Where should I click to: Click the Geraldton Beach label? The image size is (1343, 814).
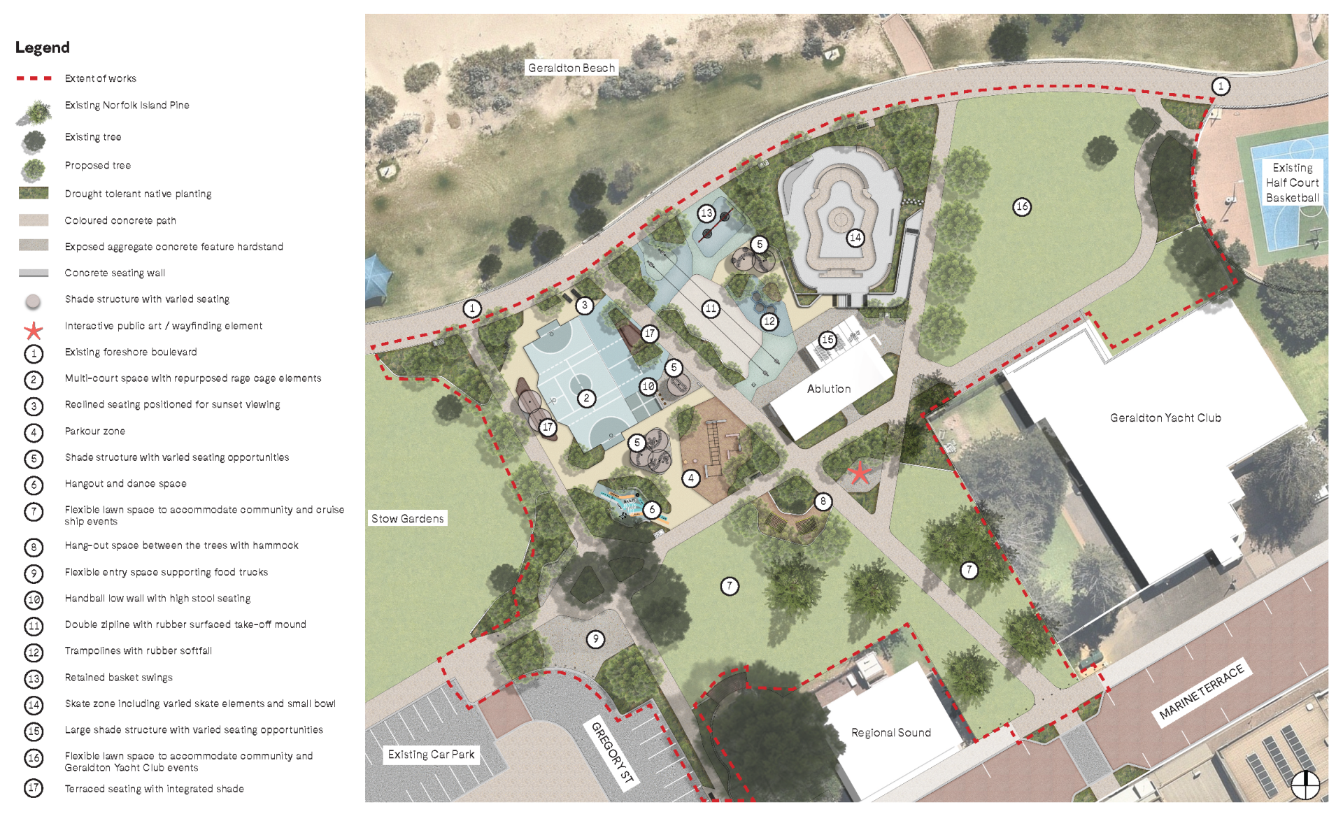pos(571,68)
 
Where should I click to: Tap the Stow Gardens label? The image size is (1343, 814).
pos(408,518)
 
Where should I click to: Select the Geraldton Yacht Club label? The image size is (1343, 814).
pos(1165,417)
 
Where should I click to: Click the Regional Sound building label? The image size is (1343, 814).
pos(891,732)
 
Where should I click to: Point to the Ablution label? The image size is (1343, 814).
pos(829,389)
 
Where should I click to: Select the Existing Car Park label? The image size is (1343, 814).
pos(431,755)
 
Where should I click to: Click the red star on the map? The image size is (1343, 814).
pos(860,473)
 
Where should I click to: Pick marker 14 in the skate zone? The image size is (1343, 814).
pos(855,238)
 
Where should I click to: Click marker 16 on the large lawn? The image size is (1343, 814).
pos(1022,206)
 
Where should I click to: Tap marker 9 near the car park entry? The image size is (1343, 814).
pos(595,638)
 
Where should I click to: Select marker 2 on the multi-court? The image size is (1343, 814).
pos(586,399)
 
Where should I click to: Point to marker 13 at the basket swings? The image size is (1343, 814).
pos(706,213)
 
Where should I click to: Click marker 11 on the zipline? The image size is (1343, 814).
pos(711,308)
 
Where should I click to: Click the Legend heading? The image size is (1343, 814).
pos(43,48)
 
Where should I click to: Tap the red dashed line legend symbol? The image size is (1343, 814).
pos(34,78)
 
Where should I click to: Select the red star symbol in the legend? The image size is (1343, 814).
pos(34,330)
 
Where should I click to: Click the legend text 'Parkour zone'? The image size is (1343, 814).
pos(95,431)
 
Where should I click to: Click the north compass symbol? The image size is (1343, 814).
pos(1305,785)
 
